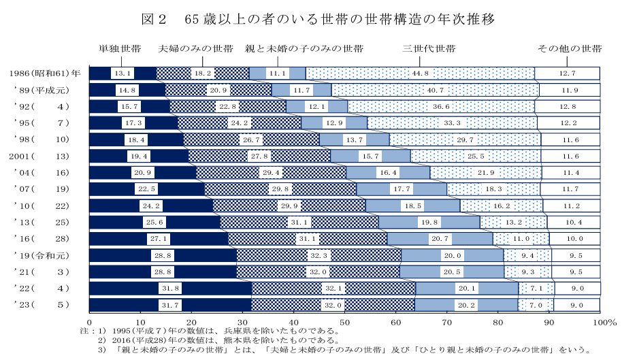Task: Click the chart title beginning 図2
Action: click(318, 19)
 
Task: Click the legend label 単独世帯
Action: click(120, 49)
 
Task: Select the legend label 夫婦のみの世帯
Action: click(196, 49)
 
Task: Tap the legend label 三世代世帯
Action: click(429, 49)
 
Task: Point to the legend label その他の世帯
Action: click(570, 49)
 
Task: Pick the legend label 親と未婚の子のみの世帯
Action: click(304, 49)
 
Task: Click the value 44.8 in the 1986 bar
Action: click(420, 73)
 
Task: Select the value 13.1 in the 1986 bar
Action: click(123, 73)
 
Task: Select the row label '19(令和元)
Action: click(45, 255)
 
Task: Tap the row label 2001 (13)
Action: click(45, 156)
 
